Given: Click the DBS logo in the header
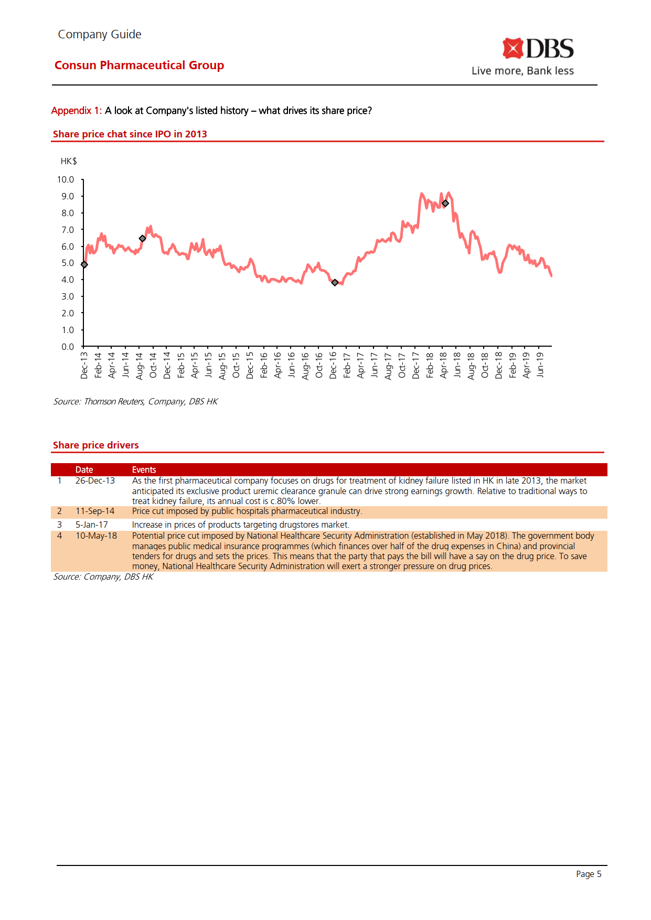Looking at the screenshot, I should (538, 49).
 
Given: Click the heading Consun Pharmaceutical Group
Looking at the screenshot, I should (139, 66).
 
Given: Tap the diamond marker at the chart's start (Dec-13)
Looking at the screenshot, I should (84, 264).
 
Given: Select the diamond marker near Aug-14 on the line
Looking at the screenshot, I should (142, 239).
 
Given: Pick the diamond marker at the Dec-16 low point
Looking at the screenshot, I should (335, 283).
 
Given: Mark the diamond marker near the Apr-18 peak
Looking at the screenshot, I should (445, 204).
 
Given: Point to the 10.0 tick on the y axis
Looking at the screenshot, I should (66, 180).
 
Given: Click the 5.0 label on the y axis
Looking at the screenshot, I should (68, 263).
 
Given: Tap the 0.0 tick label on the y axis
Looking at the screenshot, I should (68, 347).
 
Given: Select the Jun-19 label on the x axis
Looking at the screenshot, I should (540, 364).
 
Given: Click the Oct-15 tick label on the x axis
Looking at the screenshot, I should (236, 365).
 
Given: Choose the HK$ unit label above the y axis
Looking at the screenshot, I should (69, 162).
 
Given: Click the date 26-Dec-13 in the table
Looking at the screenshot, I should (95, 481).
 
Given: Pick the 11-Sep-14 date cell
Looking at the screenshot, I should (95, 511).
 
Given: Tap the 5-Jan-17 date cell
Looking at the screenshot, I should (92, 525).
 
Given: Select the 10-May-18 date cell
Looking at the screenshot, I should (96, 536).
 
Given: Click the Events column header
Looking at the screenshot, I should (144, 470).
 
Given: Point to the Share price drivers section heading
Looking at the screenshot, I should (96, 445).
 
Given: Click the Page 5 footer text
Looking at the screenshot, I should (589, 874).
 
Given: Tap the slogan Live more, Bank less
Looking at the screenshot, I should (522, 71).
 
